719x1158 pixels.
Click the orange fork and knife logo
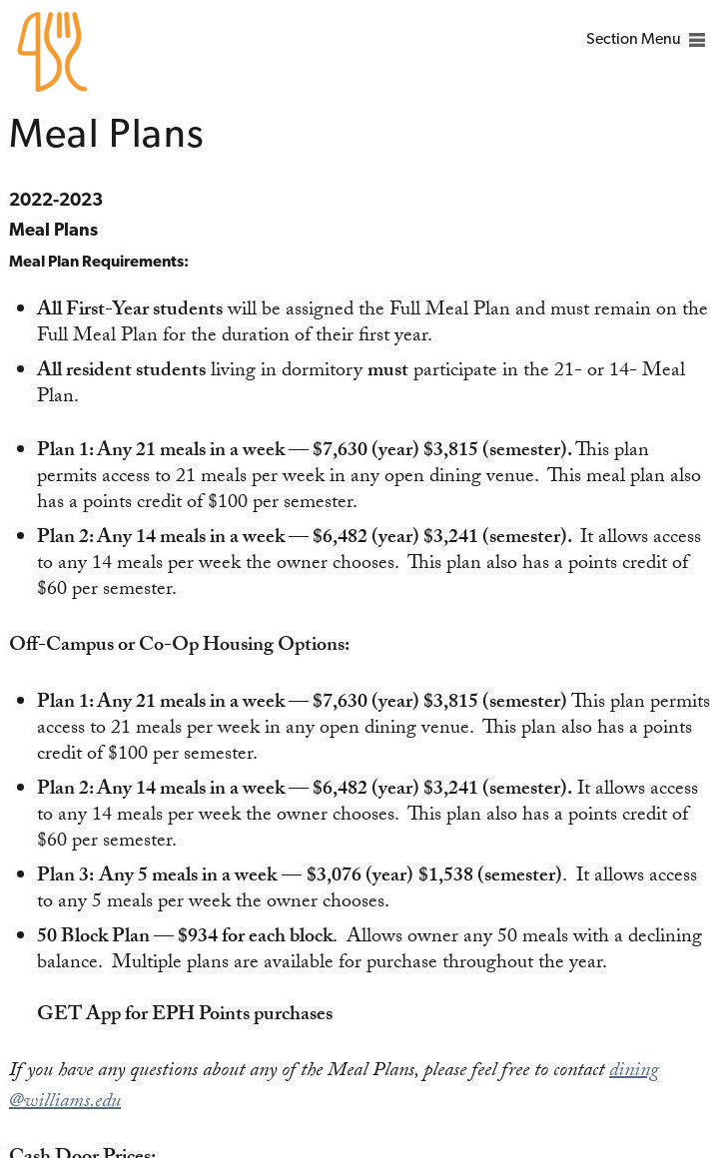[52, 52]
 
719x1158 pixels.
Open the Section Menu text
[632, 40]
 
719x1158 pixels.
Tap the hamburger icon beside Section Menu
[697, 41]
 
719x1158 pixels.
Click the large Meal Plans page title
[106, 135]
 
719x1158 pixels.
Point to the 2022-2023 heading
[56, 200]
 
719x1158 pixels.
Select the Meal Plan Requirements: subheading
[98, 262]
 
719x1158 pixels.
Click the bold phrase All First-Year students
[130, 309]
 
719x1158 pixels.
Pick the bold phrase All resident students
[121, 370]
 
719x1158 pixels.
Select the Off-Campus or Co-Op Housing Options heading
[179, 645]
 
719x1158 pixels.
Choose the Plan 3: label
[65, 875]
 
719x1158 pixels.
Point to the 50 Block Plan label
[93, 936]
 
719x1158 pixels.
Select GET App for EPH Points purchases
[185, 1014]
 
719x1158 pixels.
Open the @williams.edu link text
[65, 1101]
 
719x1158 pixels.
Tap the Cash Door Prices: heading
[82, 1152]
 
